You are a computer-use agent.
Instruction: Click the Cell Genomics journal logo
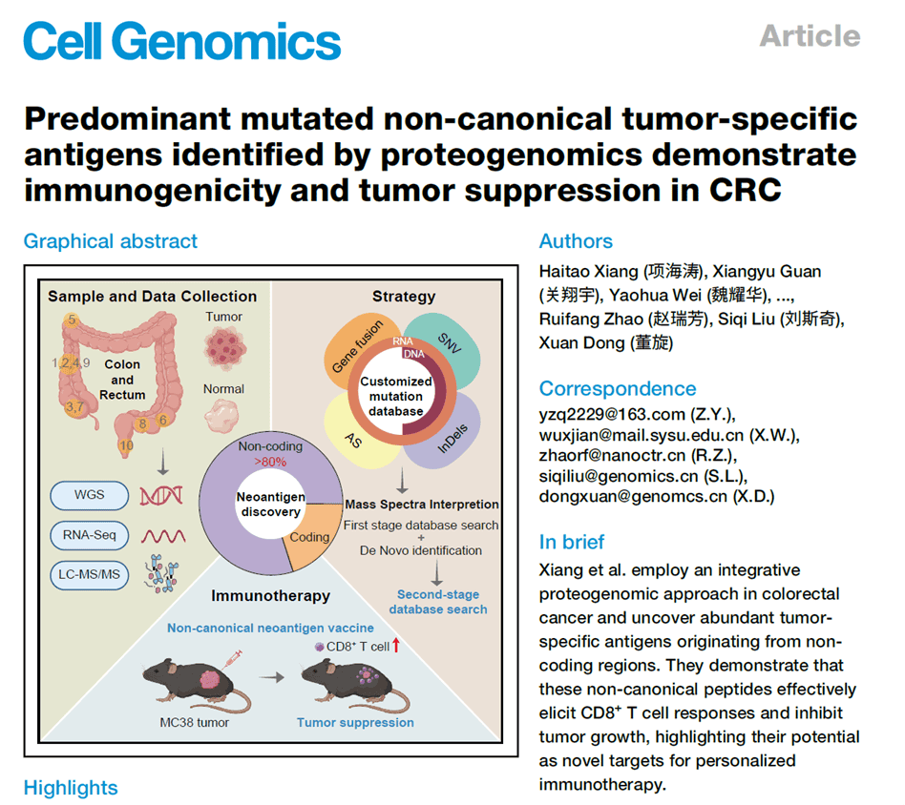click(x=181, y=40)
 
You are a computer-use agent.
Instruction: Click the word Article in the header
click(x=810, y=36)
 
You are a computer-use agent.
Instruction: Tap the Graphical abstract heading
click(x=111, y=240)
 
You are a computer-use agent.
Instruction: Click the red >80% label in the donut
click(x=270, y=461)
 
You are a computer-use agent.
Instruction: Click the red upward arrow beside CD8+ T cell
click(x=395, y=647)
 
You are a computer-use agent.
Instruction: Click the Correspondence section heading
click(x=617, y=388)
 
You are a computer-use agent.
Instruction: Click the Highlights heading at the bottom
click(x=71, y=788)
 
